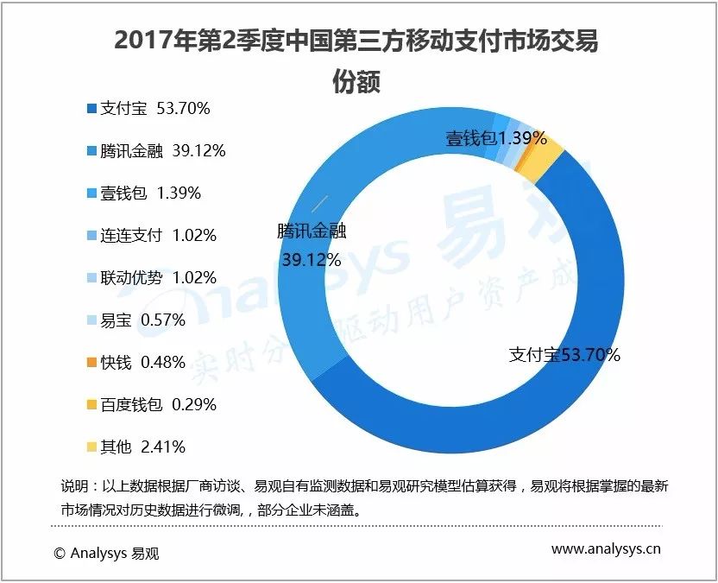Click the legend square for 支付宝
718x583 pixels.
pos(91,109)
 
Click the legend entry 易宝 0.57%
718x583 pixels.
pos(143,320)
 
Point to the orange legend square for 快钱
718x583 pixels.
pos(91,363)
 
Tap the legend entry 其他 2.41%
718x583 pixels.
pos(143,447)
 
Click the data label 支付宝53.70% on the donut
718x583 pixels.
pos(564,355)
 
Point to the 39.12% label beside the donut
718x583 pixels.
pos(308,259)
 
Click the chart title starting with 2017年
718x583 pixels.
pos(357,41)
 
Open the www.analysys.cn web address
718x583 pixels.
pos(607,548)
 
